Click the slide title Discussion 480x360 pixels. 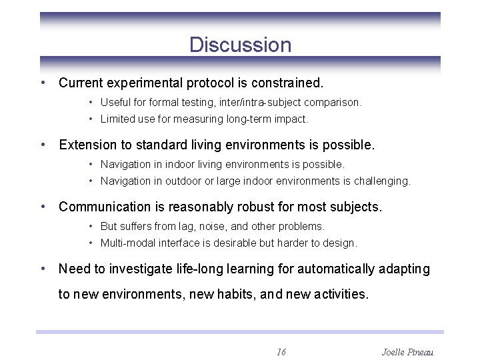click(x=240, y=45)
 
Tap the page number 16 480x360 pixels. click(x=281, y=351)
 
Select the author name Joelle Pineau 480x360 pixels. click(x=407, y=351)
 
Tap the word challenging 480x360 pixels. click(x=382, y=181)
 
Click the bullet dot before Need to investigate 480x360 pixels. click(x=43, y=269)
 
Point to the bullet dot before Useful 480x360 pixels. click(x=90, y=103)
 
